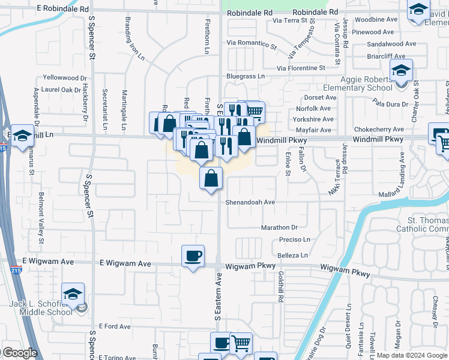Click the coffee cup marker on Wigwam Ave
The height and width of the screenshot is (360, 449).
(193, 257)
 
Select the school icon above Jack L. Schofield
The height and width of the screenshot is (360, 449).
(73, 295)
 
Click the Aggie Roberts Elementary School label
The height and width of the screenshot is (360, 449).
(358, 84)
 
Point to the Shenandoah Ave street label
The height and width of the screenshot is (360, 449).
(250, 202)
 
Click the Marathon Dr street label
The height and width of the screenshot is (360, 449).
(279, 227)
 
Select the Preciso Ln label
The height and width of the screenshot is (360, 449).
(294, 239)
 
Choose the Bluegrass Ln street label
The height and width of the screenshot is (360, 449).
(245, 76)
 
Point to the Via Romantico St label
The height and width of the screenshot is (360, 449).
(252, 44)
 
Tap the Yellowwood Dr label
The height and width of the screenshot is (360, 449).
(65, 78)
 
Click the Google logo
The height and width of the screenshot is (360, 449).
(20, 353)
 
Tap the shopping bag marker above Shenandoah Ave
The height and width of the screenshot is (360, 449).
(211, 178)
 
